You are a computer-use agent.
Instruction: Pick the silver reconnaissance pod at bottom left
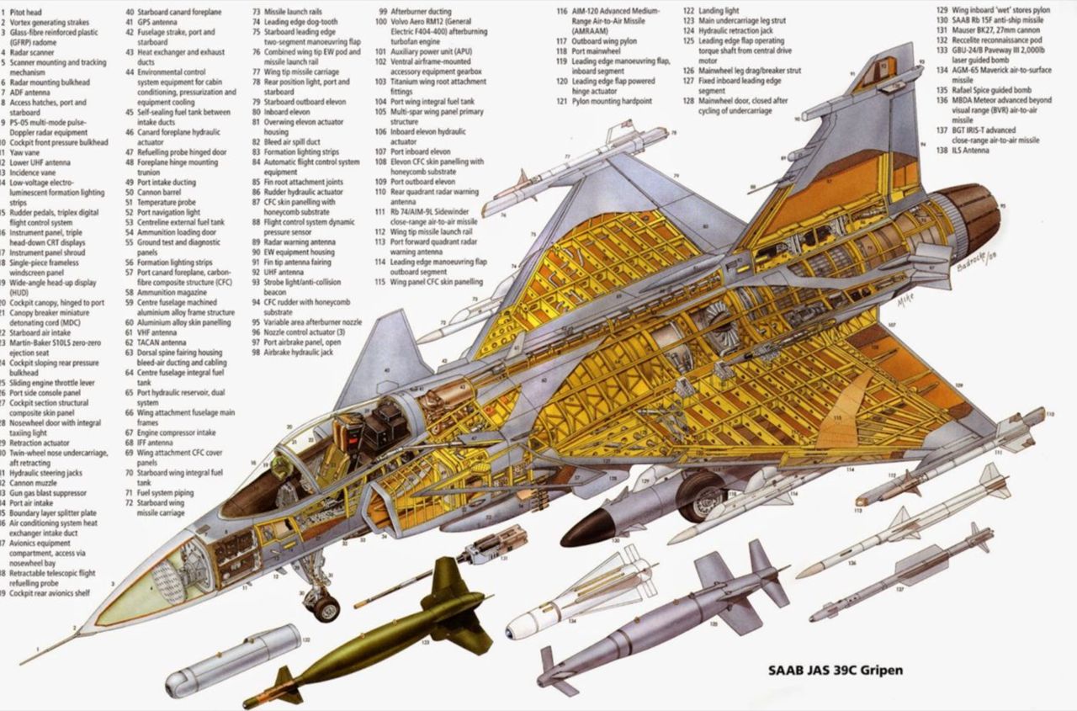click(232, 657)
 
